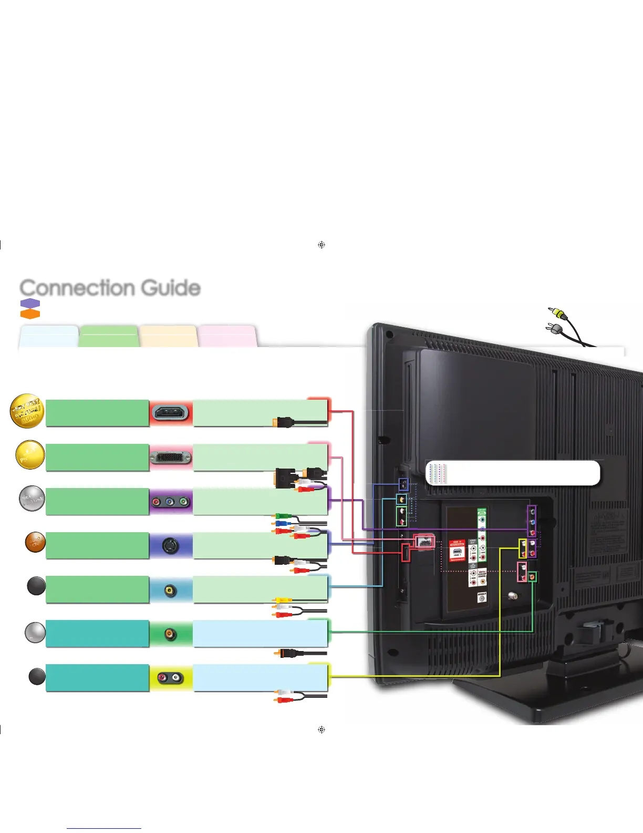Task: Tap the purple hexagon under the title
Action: (x=30, y=304)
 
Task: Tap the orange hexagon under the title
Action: (x=30, y=313)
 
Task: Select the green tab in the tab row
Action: (x=109, y=337)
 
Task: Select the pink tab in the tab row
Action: (x=227, y=337)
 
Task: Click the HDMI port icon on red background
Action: (x=171, y=413)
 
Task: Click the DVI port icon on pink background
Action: (x=171, y=458)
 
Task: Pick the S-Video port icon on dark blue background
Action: (x=171, y=546)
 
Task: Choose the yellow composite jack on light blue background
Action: (x=170, y=590)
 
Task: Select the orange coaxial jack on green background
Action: (x=170, y=634)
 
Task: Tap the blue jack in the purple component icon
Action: (x=170, y=502)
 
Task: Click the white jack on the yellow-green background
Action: (x=177, y=678)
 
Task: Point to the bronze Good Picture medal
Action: (x=36, y=543)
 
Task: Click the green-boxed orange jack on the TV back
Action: (x=532, y=577)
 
